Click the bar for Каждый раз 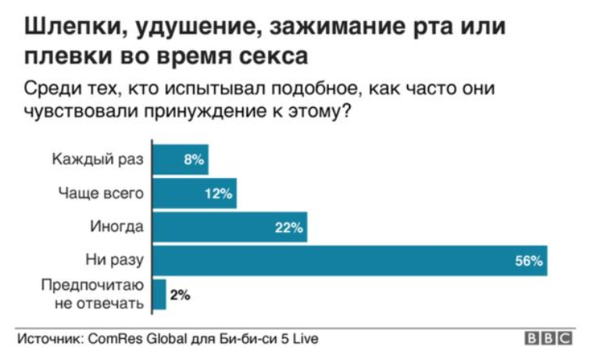[181, 159]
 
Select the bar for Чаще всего [195, 194]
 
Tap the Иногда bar [230, 226]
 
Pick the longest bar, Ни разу [350, 260]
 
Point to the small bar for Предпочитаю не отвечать [159, 294]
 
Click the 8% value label [194, 160]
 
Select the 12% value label [218, 194]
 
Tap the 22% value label [288, 227]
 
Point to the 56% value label [529, 261]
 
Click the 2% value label [180, 295]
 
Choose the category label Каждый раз [98, 159]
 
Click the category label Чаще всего [101, 193]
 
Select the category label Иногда [116, 226]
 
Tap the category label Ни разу [114, 260]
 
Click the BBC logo [549, 338]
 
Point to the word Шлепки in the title [71, 27]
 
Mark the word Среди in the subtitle [52, 88]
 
